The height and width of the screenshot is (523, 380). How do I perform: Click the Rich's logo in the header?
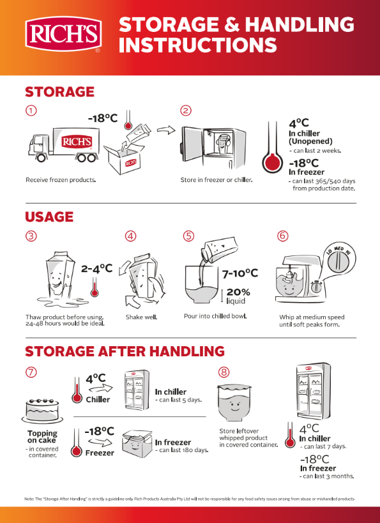coord(63,34)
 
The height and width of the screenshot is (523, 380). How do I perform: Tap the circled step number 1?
coord(31,110)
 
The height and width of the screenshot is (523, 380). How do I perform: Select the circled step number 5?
coord(188,236)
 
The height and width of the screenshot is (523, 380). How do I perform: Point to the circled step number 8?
coord(224,372)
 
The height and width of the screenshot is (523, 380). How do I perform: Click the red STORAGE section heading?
coord(60,92)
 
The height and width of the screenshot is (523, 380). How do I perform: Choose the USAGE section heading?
coord(49,217)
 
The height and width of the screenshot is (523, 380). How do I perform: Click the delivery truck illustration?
coord(63,145)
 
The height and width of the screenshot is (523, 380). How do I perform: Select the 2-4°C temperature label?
coord(96,268)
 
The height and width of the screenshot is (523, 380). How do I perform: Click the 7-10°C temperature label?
coord(240,273)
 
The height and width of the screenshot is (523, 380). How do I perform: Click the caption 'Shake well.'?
coord(141,317)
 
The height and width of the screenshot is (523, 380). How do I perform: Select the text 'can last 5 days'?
coord(181,400)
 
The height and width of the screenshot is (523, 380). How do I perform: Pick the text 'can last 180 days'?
coord(184,450)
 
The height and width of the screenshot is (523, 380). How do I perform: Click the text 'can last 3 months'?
coord(328,476)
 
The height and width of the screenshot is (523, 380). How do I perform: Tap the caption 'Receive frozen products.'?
coord(61,180)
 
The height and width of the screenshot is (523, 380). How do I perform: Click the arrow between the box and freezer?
coord(166,130)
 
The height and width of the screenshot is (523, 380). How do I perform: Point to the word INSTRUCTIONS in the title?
coord(198,45)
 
